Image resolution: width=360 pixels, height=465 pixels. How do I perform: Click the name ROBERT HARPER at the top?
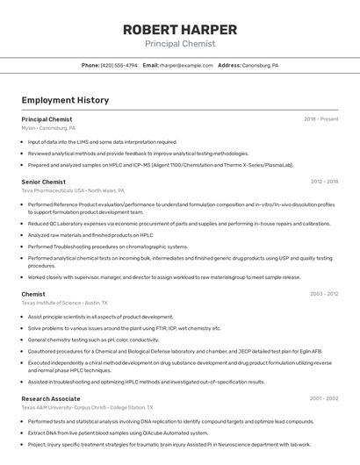[179, 29]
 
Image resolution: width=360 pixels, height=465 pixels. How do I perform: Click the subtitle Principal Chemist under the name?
[179, 43]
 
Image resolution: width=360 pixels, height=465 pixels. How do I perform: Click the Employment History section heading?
[65, 100]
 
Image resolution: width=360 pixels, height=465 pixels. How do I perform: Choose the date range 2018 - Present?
[320, 118]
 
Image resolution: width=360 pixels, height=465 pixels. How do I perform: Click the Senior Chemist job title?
[43, 182]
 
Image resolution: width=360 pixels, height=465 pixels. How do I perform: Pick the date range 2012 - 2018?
[324, 182]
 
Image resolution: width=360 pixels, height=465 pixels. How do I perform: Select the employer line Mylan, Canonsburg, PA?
[48, 127]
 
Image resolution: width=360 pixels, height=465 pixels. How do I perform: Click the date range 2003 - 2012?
[324, 294]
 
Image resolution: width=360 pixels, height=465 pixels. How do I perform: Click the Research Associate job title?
[50, 398]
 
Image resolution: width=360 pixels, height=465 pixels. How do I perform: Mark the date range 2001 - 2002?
[324, 398]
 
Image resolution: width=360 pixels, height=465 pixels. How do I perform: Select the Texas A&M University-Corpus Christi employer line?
[88, 407]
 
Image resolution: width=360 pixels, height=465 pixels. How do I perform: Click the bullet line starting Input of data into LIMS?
[102, 141]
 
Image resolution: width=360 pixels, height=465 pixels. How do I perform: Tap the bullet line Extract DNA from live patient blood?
[118, 433]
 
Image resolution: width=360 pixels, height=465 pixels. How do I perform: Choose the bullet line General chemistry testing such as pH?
[93, 340]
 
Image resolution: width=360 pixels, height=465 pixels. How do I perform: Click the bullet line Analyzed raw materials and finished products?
[90, 235]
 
